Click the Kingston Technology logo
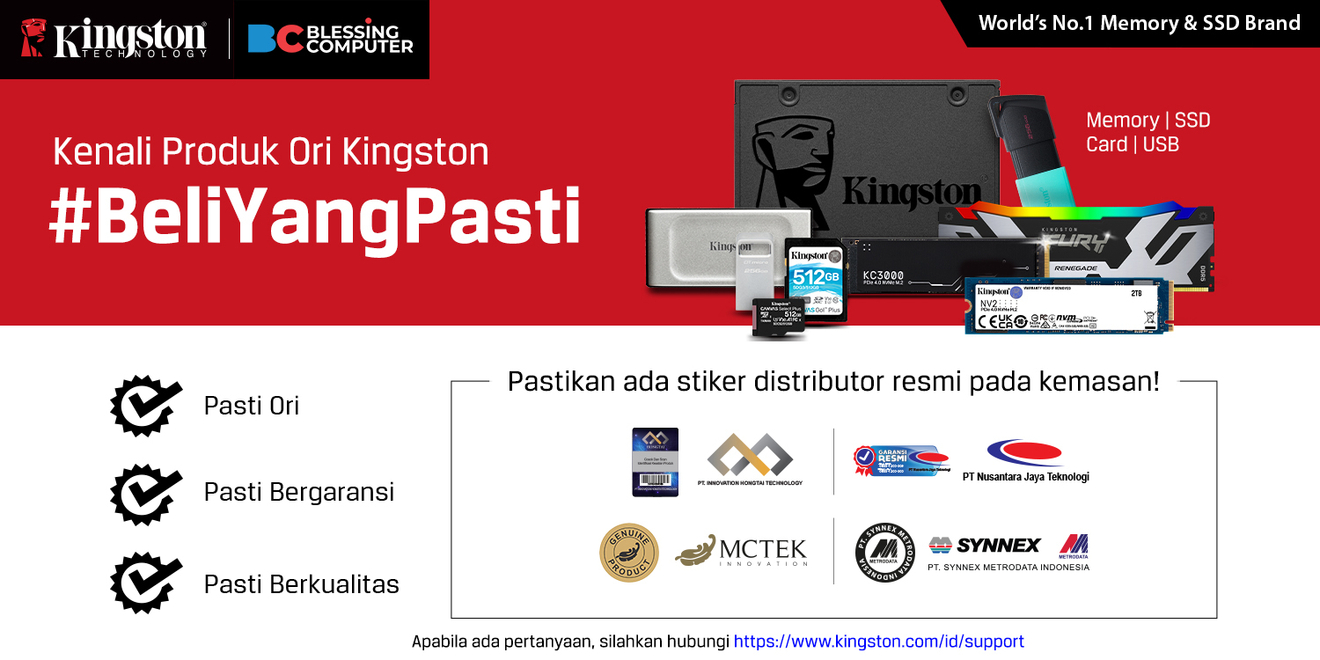click(114, 39)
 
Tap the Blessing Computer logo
click(330, 39)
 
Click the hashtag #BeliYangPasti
click(314, 216)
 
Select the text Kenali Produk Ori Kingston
click(270, 151)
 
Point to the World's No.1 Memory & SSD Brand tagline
click(1139, 23)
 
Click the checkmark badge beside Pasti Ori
click(145, 406)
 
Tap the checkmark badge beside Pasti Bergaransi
click(145, 492)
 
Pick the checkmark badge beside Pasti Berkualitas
click(145, 583)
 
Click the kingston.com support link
click(878, 642)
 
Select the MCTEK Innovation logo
click(741, 551)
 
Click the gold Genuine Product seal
click(628, 553)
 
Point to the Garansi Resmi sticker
click(900, 460)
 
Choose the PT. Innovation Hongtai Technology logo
click(750, 459)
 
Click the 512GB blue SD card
click(815, 277)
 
